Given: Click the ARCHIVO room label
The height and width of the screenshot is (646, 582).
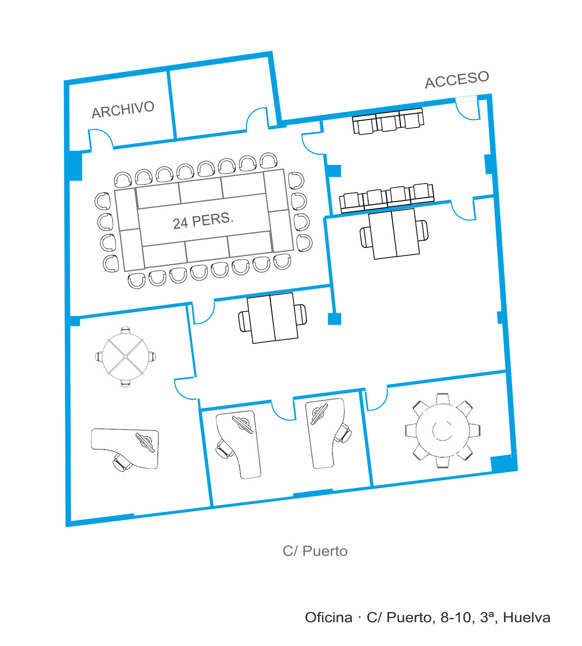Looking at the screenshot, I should click(x=123, y=109).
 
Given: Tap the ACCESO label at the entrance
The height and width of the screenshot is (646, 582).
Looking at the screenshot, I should click(x=457, y=79).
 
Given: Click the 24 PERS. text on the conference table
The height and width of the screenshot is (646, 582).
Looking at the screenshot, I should click(x=203, y=220).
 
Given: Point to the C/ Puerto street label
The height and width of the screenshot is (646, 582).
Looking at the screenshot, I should click(x=315, y=551).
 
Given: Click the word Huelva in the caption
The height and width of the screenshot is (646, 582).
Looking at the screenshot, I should click(x=526, y=617).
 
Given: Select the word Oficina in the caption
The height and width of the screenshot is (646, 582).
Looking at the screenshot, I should click(x=328, y=617).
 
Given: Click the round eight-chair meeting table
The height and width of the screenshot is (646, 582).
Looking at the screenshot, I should click(x=443, y=431).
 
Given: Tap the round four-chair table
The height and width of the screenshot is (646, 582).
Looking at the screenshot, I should click(x=126, y=356).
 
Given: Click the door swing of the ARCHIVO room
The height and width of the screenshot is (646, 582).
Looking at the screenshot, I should click(x=101, y=138).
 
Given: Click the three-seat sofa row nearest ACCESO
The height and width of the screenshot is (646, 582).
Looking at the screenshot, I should click(x=388, y=121).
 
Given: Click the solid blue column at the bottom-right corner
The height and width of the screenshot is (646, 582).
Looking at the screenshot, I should click(x=502, y=463).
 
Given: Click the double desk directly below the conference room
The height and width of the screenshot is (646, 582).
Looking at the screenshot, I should click(x=273, y=318).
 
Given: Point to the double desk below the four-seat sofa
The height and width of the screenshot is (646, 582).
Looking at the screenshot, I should click(x=394, y=234).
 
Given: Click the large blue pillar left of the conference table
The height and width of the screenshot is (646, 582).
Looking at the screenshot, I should click(x=75, y=165).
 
